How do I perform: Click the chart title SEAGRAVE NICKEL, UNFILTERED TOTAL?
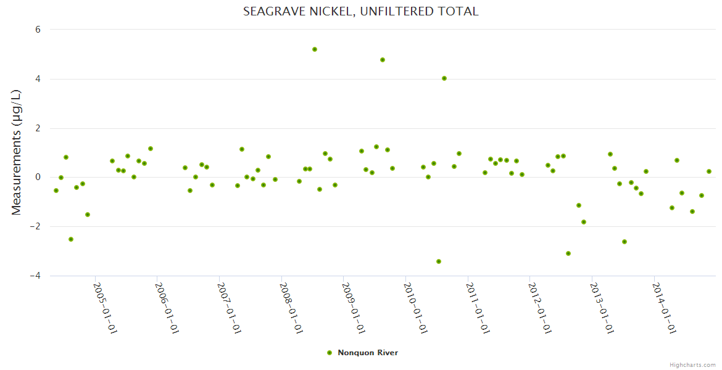[x=360, y=11]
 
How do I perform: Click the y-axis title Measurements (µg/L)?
[x=17, y=152]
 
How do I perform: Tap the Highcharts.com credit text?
[x=692, y=364]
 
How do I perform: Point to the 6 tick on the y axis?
[x=38, y=30]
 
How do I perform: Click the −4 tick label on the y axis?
[x=35, y=276]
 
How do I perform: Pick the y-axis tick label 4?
[x=38, y=79]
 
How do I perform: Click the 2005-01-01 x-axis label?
[x=105, y=308]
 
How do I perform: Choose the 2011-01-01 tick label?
[x=478, y=308]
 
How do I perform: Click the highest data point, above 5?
[x=315, y=49]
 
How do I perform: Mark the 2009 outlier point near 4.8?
[x=383, y=60]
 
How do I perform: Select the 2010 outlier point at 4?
[x=444, y=78]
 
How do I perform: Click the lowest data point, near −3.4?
[x=439, y=261]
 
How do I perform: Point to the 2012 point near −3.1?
[x=568, y=253]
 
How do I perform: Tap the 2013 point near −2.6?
[x=624, y=242]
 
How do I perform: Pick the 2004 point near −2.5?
[x=71, y=239]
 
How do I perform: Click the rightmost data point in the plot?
[x=709, y=171]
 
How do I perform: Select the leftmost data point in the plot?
[x=56, y=191]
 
